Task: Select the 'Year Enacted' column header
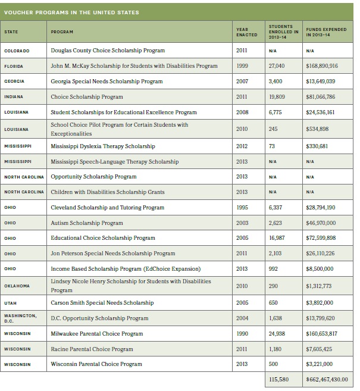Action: [x=246, y=32]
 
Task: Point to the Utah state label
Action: [x=10, y=303]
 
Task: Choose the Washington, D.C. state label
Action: [x=20, y=318]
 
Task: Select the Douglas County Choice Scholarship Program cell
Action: [x=108, y=51]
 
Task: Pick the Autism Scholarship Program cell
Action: [x=87, y=223]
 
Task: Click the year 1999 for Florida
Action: [x=242, y=66]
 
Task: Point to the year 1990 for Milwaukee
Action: [x=242, y=334]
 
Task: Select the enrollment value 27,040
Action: [x=276, y=66]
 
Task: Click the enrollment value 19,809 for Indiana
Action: [x=276, y=96]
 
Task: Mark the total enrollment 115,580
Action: [x=278, y=379]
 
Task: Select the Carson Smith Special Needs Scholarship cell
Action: [x=102, y=303]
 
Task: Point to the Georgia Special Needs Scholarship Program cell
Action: [x=107, y=81]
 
